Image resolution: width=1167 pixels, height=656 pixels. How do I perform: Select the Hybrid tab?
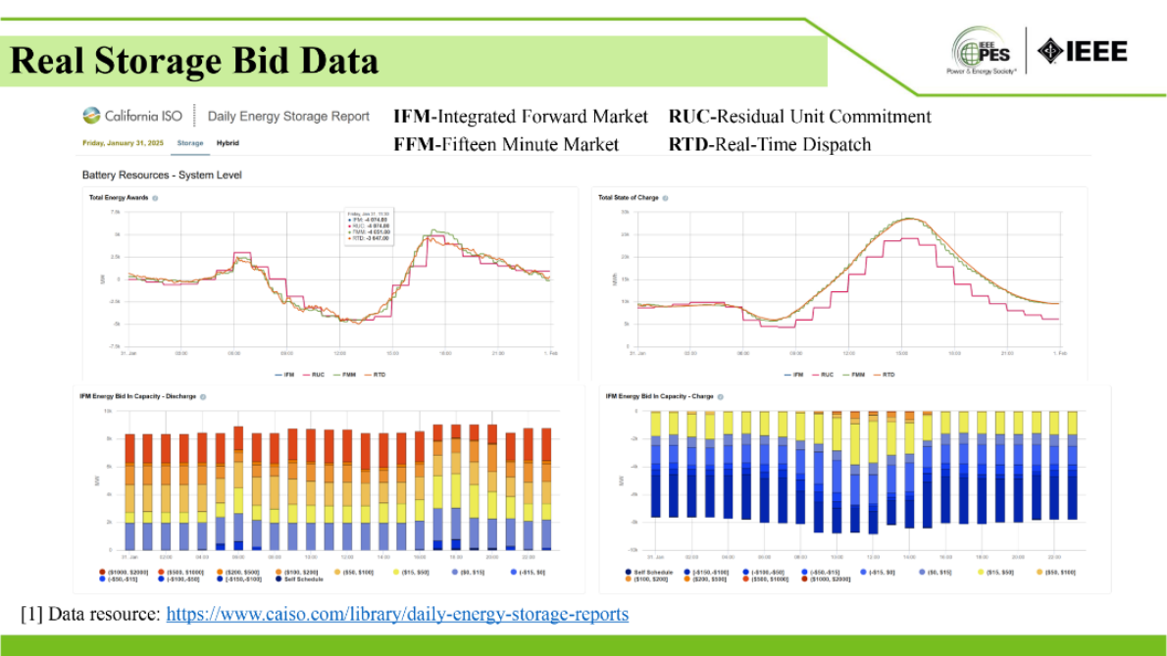[x=228, y=143]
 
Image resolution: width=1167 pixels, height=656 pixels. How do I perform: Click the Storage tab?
[x=190, y=143]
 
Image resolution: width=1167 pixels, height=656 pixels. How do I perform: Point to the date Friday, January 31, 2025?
[x=122, y=143]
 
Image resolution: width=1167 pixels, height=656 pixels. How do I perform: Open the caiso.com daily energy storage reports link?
[x=397, y=615]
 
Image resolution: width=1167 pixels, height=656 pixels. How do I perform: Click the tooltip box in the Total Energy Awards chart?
[x=369, y=227]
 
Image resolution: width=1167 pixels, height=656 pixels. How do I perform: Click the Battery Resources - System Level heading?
[x=162, y=175]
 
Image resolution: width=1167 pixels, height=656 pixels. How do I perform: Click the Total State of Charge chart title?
[x=628, y=198]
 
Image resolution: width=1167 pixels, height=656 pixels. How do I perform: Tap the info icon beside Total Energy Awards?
[x=155, y=198]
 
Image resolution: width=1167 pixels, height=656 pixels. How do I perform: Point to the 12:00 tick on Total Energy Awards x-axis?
[x=339, y=353]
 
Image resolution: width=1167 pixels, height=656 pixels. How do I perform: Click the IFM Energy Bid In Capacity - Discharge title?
[x=136, y=396]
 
